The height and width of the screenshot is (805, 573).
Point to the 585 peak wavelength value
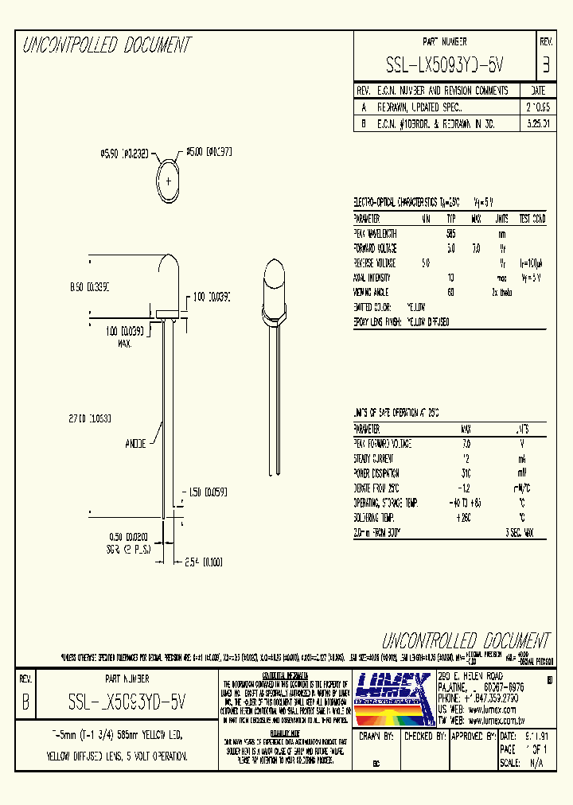point(451,233)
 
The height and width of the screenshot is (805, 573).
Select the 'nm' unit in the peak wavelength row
point(501,233)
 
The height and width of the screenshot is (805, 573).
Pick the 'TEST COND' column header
point(532,218)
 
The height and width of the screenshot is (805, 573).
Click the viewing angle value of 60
point(451,292)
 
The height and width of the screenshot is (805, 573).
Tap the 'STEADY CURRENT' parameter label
point(373,459)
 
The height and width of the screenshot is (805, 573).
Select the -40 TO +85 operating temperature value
point(466,503)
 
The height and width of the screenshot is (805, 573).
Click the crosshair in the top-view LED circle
point(170,181)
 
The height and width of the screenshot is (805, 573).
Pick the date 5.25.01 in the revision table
point(532,124)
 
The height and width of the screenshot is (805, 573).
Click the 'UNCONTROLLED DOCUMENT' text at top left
point(106,46)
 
